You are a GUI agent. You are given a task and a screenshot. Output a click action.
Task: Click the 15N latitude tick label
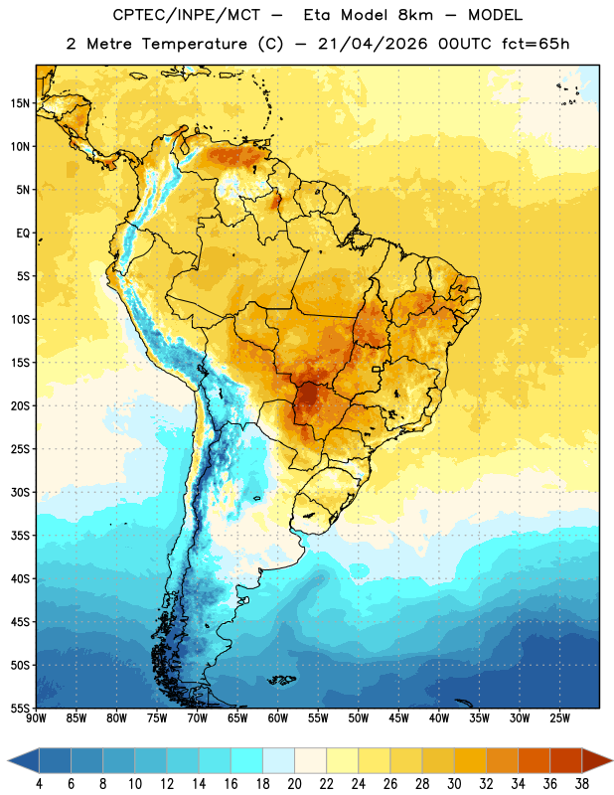pos(20,103)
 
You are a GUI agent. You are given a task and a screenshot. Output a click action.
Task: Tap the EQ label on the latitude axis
pos(23,234)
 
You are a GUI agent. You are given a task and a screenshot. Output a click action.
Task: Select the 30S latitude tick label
pos(20,492)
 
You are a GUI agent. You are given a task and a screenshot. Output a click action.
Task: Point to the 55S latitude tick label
pos(20,708)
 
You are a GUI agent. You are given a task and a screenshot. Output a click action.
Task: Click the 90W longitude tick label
pos(36,718)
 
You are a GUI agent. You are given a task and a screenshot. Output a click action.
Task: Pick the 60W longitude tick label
pos(278,718)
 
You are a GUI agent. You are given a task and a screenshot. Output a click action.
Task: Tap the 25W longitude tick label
pos(559,718)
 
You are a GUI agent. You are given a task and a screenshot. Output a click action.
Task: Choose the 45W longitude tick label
pos(398,718)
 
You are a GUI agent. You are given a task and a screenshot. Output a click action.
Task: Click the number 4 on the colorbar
pos(39,784)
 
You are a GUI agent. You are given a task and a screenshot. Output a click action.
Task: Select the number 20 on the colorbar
pos(294,784)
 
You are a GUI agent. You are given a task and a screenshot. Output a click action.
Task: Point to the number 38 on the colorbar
pos(581,784)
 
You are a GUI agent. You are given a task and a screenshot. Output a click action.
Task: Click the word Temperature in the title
pos(195,44)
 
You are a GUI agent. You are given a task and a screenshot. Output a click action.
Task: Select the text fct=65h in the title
pos(536,44)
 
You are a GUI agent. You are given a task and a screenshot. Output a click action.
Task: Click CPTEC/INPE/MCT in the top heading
pos(187,15)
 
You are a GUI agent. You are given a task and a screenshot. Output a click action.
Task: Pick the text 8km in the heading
pos(415,15)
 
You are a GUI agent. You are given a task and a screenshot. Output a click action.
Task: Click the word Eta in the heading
pos(317,15)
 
